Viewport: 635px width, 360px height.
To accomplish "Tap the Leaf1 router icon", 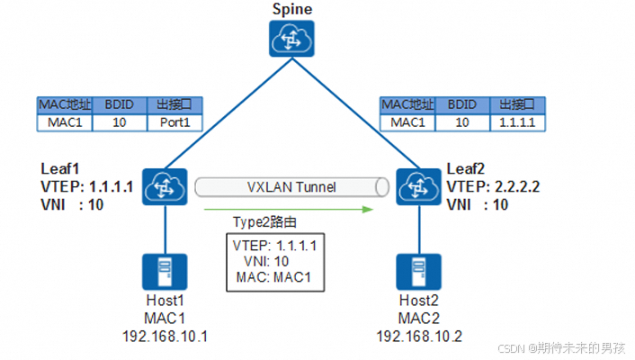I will pyautogui.click(x=164, y=187).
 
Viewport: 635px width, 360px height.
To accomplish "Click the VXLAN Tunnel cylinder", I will pyautogui.click(x=292, y=188).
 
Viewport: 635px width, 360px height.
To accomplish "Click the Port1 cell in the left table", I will pyautogui.click(x=174, y=122).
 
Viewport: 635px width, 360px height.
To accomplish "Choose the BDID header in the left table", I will pyautogui.click(x=121, y=104).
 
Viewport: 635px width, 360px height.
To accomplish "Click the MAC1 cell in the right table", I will pyautogui.click(x=401, y=122).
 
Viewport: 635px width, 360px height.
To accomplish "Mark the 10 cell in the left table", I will pyautogui.click(x=121, y=122).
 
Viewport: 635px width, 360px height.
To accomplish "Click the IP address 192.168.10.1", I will pyautogui.click(x=164, y=336).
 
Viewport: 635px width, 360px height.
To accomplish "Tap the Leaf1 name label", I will pyautogui.click(x=59, y=169).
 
